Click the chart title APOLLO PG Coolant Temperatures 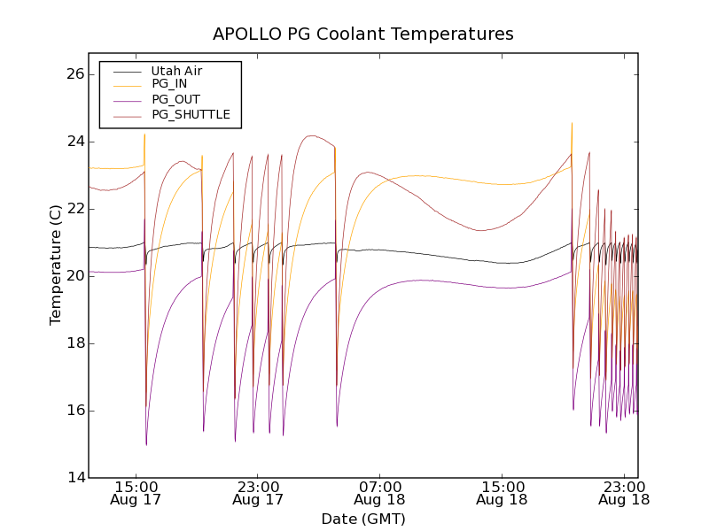(363, 35)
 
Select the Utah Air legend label (177, 71)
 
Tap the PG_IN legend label (169, 84)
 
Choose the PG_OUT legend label (175, 99)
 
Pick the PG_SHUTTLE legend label (191, 114)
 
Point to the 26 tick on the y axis (74, 74)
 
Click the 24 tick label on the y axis (74, 142)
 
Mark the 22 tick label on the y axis (74, 209)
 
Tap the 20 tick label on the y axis (74, 276)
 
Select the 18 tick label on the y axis (74, 343)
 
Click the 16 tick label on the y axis (74, 411)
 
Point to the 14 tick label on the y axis (74, 478)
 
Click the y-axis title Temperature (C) (56, 265)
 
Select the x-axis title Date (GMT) (363, 519)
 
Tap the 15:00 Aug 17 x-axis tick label (136, 493)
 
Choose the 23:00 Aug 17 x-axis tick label (258, 493)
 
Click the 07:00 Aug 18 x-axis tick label (380, 493)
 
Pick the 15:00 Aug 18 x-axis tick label (503, 493)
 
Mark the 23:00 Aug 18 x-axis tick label (625, 493)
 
